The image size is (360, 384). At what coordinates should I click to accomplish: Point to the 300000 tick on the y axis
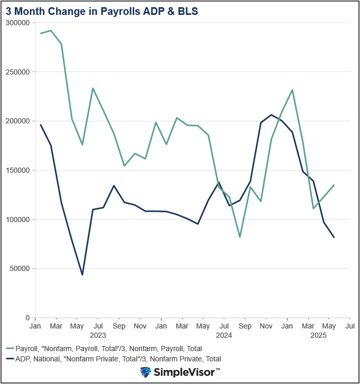pyautogui.click(x=17, y=23)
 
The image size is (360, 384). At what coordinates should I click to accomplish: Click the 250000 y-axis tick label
pyautogui.click(x=17, y=72)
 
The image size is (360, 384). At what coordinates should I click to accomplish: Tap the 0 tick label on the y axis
pyautogui.click(x=27, y=318)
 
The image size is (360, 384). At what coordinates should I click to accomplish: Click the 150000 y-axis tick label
pyautogui.click(x=17, y=170)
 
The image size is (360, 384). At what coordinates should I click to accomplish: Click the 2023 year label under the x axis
pyautogui.click(x=98, y=335)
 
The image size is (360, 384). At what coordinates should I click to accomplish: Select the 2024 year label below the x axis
pyautogui.click(x=224, y=335)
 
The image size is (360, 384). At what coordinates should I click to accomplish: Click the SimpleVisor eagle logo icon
pyautogui.click(x=146, y=372)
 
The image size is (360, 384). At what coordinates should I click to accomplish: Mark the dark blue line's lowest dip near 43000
pyautogui.click(x=82, y=275)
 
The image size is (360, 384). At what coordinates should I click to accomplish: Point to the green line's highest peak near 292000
pyautogui.click(x=51, y=30)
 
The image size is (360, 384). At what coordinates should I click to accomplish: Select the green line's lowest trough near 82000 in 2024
pyautogui.click(x=240, y=237)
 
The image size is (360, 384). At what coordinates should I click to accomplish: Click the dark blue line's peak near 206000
pyautogui.click(x=271, y=115)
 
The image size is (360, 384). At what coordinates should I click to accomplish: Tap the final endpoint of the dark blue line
pyautogui.click(x=334, y=237)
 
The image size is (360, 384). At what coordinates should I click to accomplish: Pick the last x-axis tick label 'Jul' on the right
pyautogui.click(x=350, y=326)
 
